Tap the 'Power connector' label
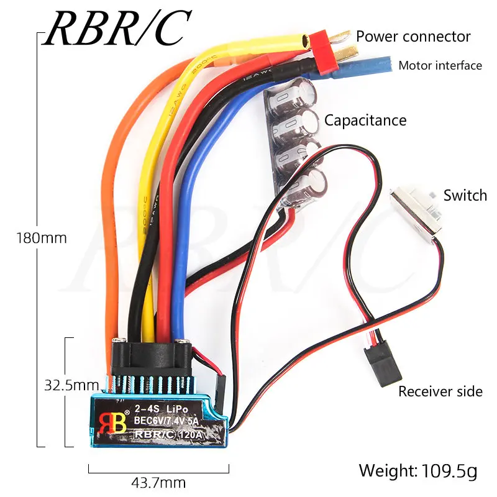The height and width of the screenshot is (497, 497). (413, 37)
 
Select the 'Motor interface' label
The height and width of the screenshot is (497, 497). (440, 65)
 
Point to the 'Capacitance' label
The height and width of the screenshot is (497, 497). (365, 120)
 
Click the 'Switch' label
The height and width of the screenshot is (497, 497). (465, 196)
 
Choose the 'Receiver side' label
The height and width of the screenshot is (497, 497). (440, 391)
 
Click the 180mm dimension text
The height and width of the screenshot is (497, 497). (42, 238)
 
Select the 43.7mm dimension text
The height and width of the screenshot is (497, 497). (158, 482)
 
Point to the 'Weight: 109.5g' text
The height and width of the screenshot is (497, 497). (417, 471)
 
